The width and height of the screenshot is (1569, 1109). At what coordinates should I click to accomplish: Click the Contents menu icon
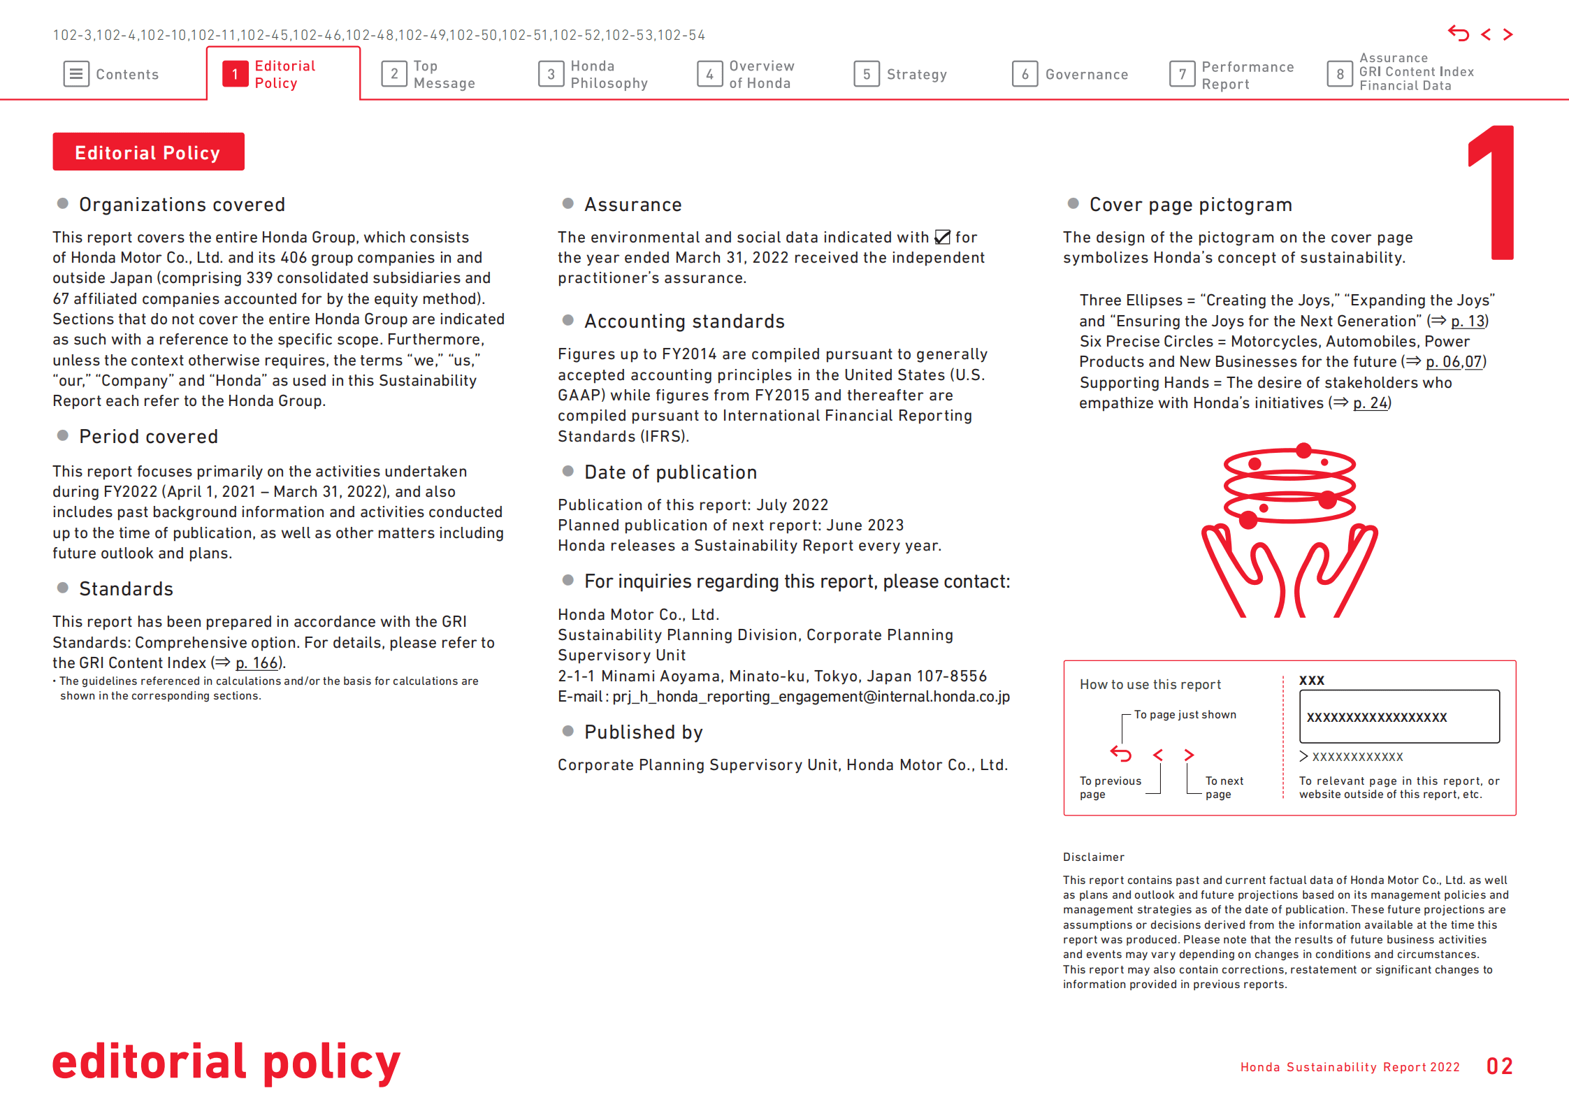tap(76, 74)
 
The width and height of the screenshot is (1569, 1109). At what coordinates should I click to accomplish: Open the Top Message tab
tap(428, 74)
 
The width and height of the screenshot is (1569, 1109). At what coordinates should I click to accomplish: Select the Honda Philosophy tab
tap(593, 74)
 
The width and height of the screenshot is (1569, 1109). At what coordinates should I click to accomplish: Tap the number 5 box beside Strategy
tap(866, 74)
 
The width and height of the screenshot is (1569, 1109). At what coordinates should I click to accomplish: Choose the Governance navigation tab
tap(1070, 74)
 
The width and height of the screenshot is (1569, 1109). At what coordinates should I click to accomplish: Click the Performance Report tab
tap(1231, 75)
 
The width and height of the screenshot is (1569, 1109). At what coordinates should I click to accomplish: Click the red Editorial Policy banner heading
tap(148, 152)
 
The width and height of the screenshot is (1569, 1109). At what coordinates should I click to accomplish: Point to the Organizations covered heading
tap(182, 205)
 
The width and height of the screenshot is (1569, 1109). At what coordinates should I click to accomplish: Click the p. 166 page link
tap(256, 662)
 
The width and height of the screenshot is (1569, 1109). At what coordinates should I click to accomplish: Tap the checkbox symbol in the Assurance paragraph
tap(942, 238)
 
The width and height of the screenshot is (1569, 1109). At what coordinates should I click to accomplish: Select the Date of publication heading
tap(670, 472)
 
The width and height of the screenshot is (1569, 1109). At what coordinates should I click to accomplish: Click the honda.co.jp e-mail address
tap(811, 697)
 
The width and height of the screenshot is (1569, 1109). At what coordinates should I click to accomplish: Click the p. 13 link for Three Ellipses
tap(1468, 321)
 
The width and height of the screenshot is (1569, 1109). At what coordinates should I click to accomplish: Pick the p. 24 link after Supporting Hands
tap(1370, 403)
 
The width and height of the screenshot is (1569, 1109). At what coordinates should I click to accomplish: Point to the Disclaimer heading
tap(1093, 857)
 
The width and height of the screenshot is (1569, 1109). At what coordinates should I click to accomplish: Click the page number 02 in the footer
tap(1499, 1066)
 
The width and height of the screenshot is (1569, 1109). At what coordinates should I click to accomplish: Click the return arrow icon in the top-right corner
tap(1458, 34)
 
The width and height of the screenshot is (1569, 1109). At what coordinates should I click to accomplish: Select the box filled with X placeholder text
tap(1399, 717)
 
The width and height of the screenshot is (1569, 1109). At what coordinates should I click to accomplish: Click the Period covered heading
tap(148, 437)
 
